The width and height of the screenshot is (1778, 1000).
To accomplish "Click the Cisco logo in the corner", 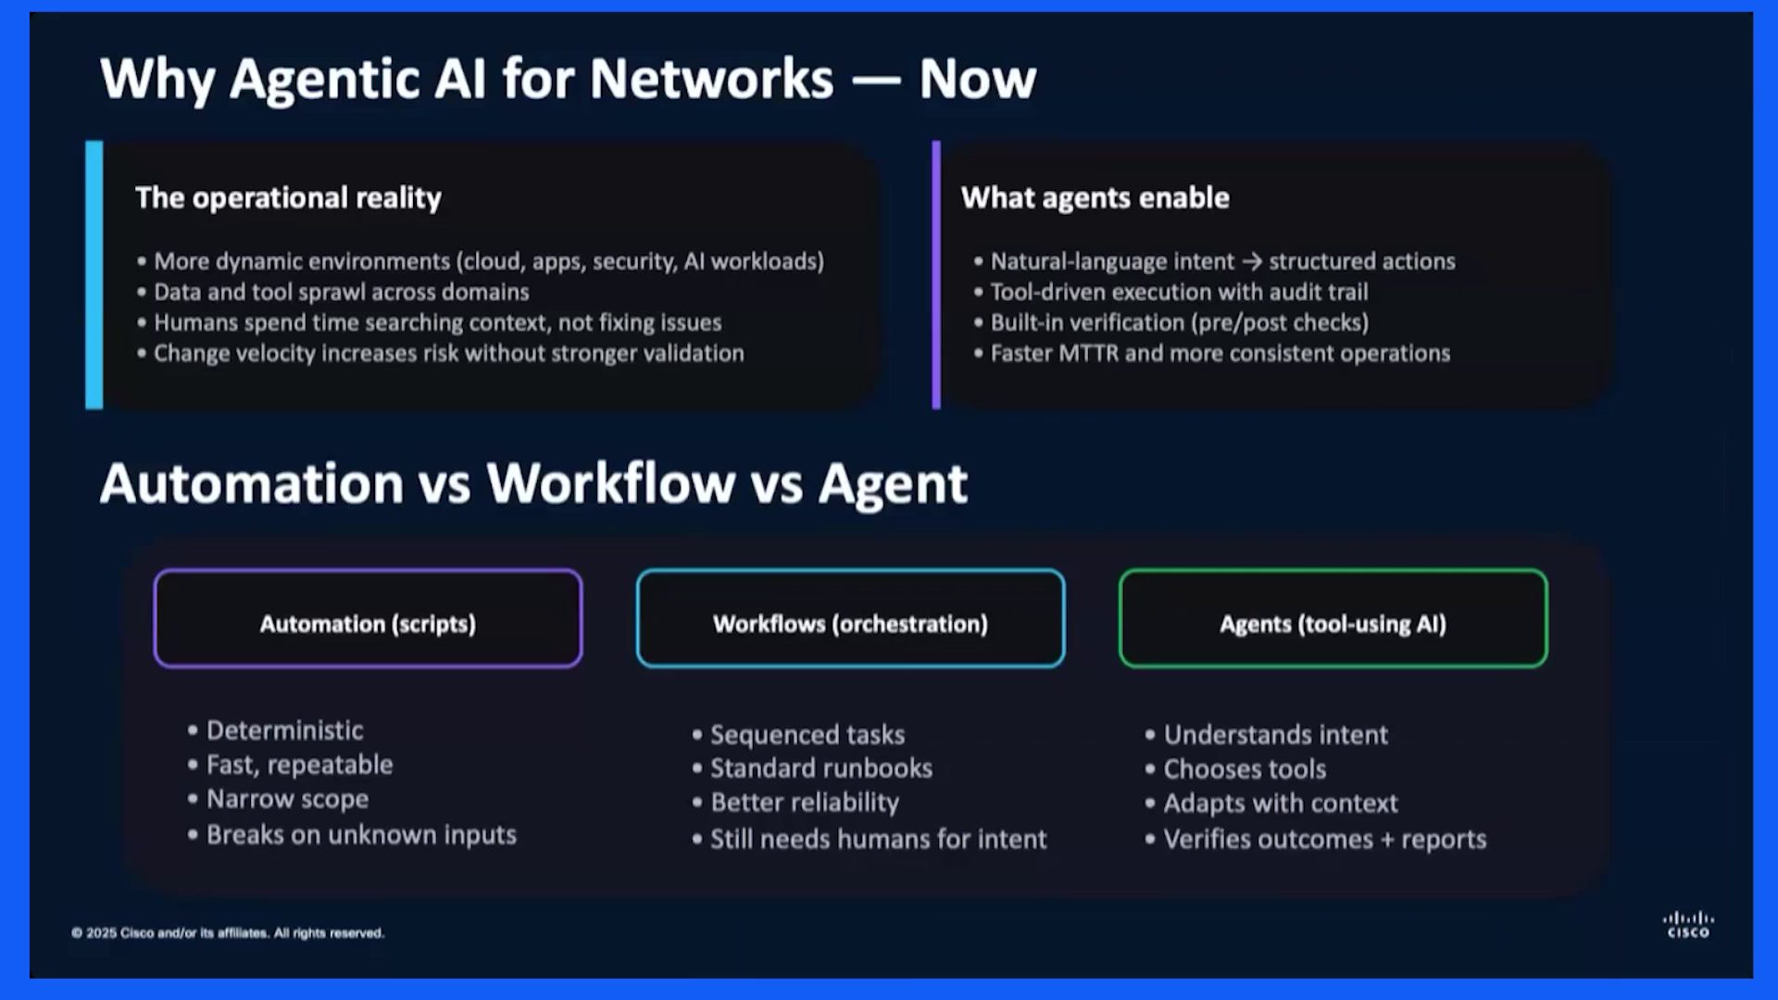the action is click(x=1688, y=924).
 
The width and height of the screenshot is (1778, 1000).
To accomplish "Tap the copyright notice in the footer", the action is click(x=228, y=932).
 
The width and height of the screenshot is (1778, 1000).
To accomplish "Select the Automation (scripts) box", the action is click(x=368, y=619).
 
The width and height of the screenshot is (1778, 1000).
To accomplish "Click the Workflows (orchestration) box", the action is click(x=850, y=619).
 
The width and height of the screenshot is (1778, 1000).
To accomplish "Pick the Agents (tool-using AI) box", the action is click(x=1333, y=619).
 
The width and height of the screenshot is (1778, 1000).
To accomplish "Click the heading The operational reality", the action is click(x=288, y=198).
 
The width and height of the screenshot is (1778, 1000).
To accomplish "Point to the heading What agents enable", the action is click(x=1096, y=198).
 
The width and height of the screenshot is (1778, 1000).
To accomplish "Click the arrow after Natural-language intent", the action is click(x=1252, y=262).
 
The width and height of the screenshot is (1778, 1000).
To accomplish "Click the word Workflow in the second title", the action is click(x=611, y=483).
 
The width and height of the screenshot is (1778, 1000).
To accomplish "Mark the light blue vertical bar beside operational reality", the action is click(x=94, y=275).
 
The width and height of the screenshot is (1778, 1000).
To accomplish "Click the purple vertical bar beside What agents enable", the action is click(x=936, y=275).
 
